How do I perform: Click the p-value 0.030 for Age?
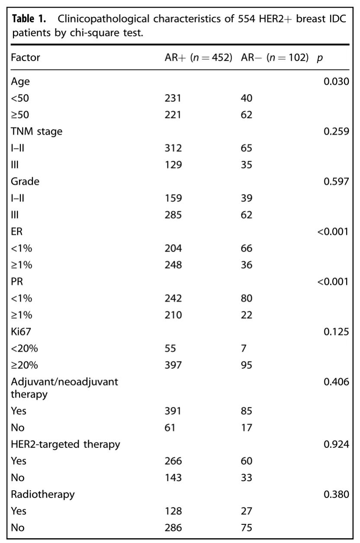[x=336, y=81]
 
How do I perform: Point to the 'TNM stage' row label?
[x=36, y=131]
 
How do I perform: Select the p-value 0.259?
[x=336, y=131]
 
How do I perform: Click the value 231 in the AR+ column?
[x=173, y=98]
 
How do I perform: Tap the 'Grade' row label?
[x=25, y=181]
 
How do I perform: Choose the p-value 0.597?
[x=336, y=181]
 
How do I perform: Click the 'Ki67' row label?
[x=22, y=332]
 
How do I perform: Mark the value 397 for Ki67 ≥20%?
[x=173, y=365]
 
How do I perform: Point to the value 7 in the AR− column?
[x=244, y=348]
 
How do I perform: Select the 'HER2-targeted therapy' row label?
[x=65, y=444]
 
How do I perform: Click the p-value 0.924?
[x=336, y=444]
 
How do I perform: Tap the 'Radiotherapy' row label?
[x=43, y=494]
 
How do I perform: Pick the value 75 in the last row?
[x=246, y=527]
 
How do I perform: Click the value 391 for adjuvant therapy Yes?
[x=173, y=411]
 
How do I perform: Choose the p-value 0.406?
[x=336, y=382]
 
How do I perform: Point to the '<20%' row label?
[x=24, y=348]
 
